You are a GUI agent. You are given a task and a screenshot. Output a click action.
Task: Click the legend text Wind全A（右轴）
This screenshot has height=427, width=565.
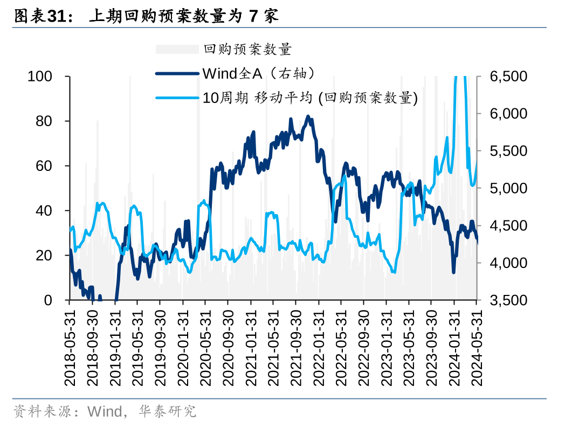[258, 73]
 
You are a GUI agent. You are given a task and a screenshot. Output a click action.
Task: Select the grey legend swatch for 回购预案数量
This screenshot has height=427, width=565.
[177, 50]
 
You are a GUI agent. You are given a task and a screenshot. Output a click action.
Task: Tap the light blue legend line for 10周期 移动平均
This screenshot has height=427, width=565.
[177, 98]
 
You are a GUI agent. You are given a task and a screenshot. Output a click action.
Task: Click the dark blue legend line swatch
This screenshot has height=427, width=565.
[177, 73]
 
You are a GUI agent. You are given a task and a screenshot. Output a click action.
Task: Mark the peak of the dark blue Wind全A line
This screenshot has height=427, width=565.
[308, 116]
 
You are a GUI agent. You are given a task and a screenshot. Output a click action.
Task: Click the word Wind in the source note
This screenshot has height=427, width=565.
[105, 412]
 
